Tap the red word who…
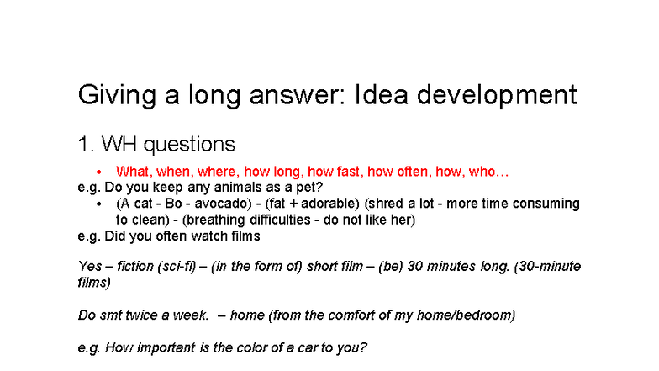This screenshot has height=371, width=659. [488, 172]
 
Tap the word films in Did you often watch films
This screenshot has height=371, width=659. [243, 236]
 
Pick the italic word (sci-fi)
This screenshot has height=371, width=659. [176, 267]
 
